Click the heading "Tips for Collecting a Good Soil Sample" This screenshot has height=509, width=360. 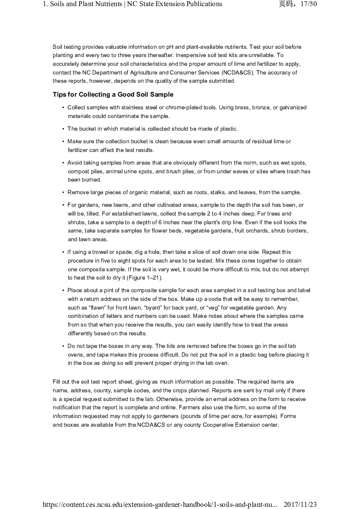coord(113,94)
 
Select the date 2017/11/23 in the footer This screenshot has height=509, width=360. coord(300,504)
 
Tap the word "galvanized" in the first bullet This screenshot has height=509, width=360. coord(292,108)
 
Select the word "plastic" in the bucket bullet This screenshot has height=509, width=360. coord(229,129)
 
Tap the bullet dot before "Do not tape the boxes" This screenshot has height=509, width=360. coord(64,346)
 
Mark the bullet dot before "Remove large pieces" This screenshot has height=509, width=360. coord(64,192)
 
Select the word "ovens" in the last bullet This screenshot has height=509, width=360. coord(75,355)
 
